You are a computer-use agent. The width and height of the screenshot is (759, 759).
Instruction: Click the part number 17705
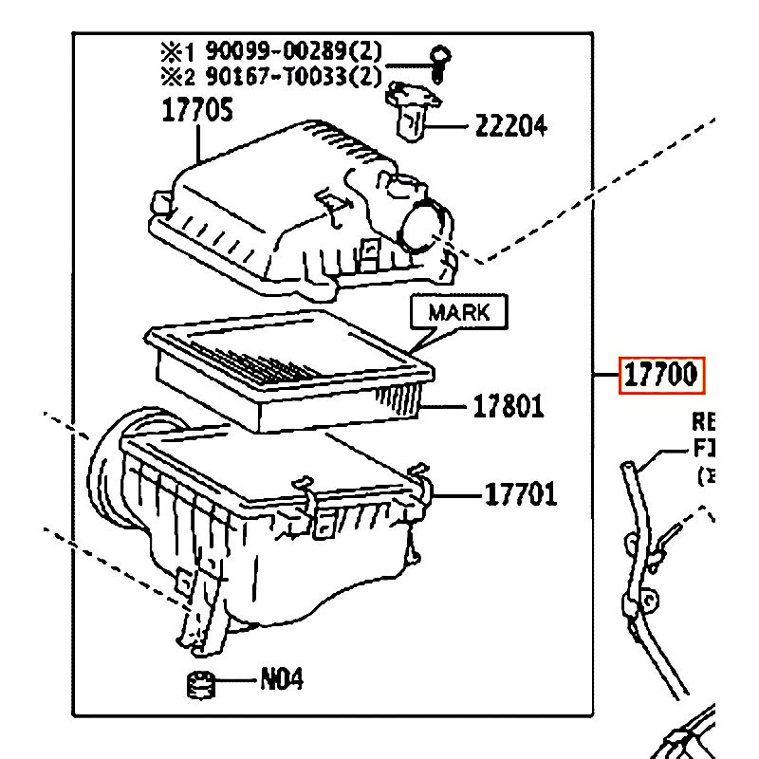(x=197, y=113)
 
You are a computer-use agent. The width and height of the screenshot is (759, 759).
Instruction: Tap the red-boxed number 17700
(x=661, y=377)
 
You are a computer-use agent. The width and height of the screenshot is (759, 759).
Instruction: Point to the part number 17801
(x=509, y=407)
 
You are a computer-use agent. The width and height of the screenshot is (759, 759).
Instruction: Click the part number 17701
(x=521, y=494)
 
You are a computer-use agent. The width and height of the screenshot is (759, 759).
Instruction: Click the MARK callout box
(x=458, y=312)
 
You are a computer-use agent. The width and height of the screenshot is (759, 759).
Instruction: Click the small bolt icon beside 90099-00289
(x=438, y=60)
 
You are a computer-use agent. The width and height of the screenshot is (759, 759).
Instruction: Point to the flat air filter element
(x=285, y=370)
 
